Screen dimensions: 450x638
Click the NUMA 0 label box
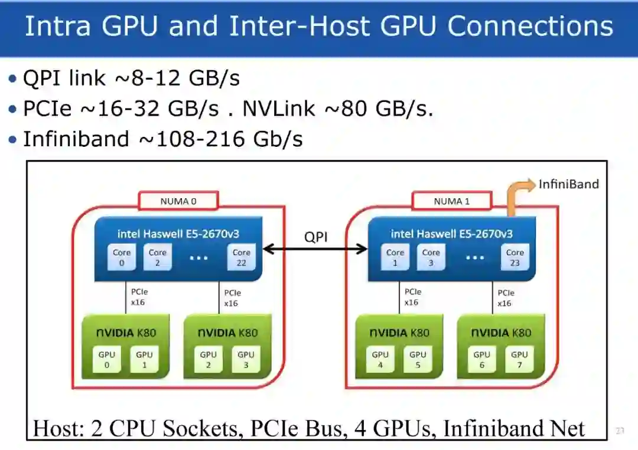[178, 201]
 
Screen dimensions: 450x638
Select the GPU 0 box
[107, 360]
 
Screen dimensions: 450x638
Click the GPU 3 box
[246, 360]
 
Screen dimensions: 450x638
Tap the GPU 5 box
[418, 360]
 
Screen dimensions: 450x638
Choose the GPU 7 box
[519, 360]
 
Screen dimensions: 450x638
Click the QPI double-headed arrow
[315, 249]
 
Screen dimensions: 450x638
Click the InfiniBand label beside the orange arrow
[568, 184]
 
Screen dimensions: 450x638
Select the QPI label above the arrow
[315, 237]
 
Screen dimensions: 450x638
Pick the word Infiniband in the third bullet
[76, 139]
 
